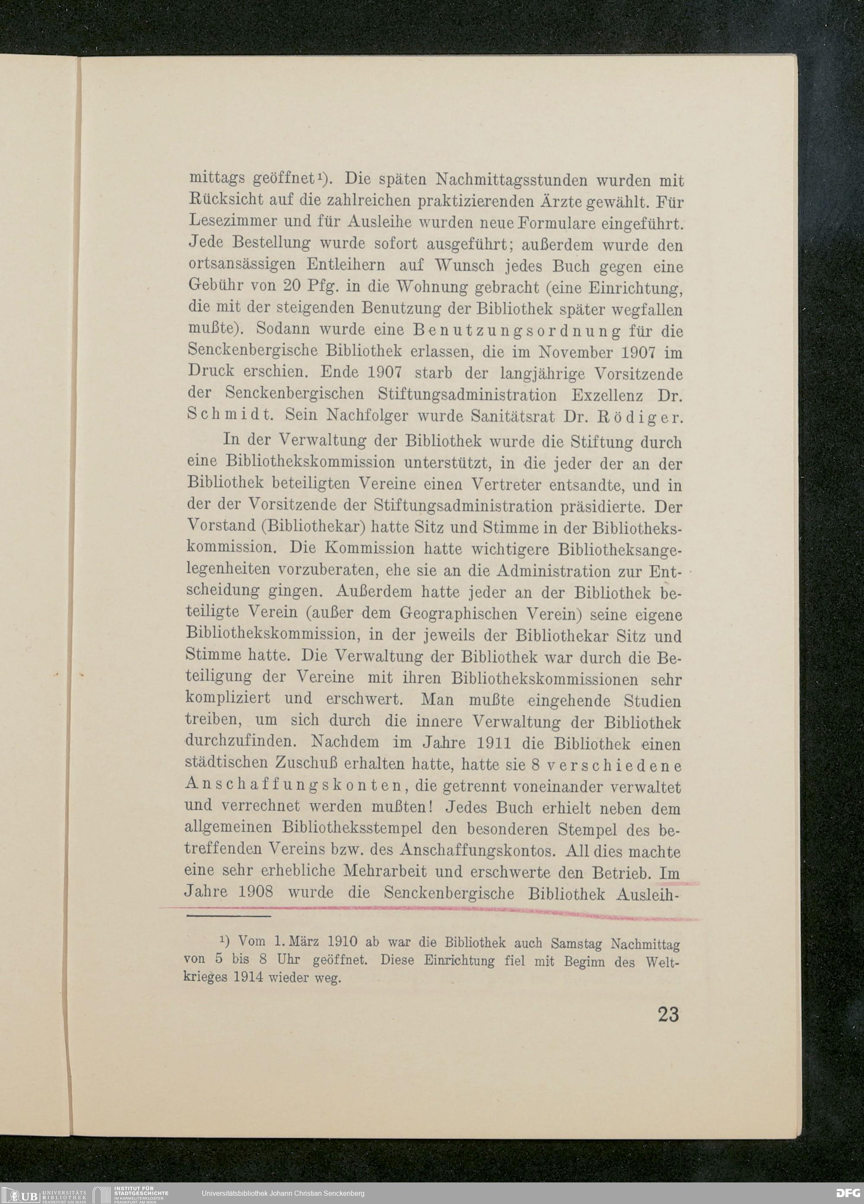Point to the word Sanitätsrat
(512, 417)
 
